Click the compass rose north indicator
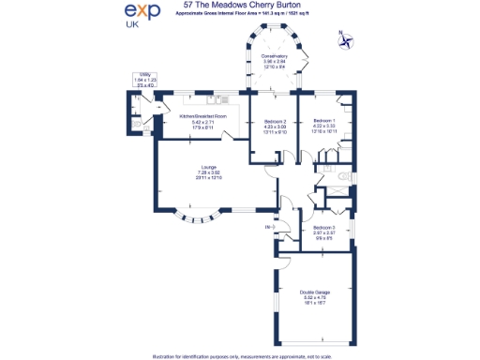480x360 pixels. click(x=350, y=40)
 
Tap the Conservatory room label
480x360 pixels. click(x=274, y=56)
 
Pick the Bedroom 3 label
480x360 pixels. click(x=323, y=228)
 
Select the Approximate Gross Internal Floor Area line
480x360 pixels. click(x=240, y=17)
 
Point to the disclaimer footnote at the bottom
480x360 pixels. click(x=240, y=354)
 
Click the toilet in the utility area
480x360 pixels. click(x=136, y=123)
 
